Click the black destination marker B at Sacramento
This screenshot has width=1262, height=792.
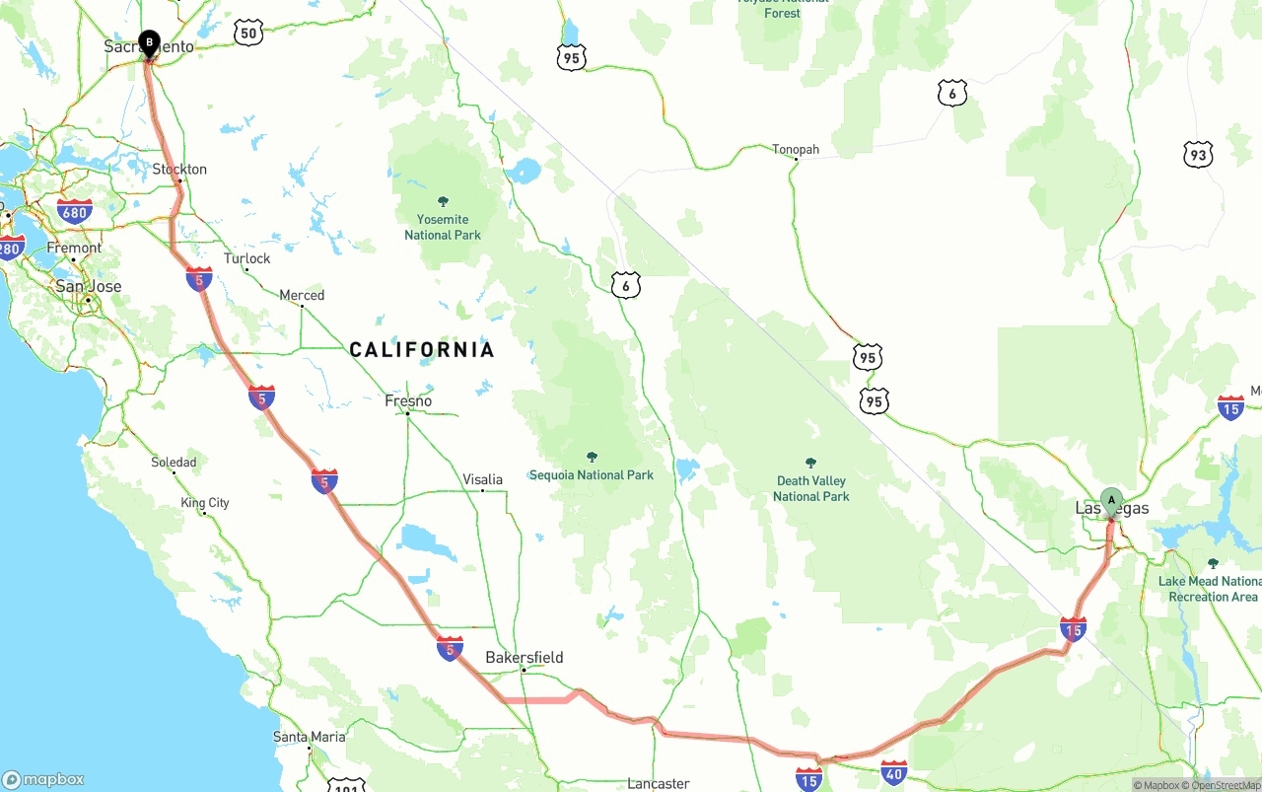(149, 42)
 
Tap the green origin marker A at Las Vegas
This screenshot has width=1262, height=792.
(1111, 500)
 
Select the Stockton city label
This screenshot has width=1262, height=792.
(179, 170)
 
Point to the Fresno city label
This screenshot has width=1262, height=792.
(408, 401)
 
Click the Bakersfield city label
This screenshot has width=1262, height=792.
(525, 658)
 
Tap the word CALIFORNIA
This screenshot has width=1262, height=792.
(422, 350)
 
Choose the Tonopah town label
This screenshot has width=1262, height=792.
(796, 150)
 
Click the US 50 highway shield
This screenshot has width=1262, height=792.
(248, 34)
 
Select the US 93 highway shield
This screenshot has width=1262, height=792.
(1198, 155)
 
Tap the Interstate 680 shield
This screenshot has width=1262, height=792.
(75, 211)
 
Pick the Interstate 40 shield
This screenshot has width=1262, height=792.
(894, 772)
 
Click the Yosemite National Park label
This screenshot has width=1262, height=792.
(443, 227)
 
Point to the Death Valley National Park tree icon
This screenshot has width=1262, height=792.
(810, 463)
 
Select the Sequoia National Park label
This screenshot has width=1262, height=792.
(592, 475)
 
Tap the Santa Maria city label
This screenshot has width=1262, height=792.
(310, 737)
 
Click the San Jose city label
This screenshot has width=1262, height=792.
(89, 287)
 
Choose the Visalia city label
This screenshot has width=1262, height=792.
(482, 480)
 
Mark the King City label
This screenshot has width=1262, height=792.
(205, 503)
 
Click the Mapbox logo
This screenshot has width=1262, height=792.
(43, 779)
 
